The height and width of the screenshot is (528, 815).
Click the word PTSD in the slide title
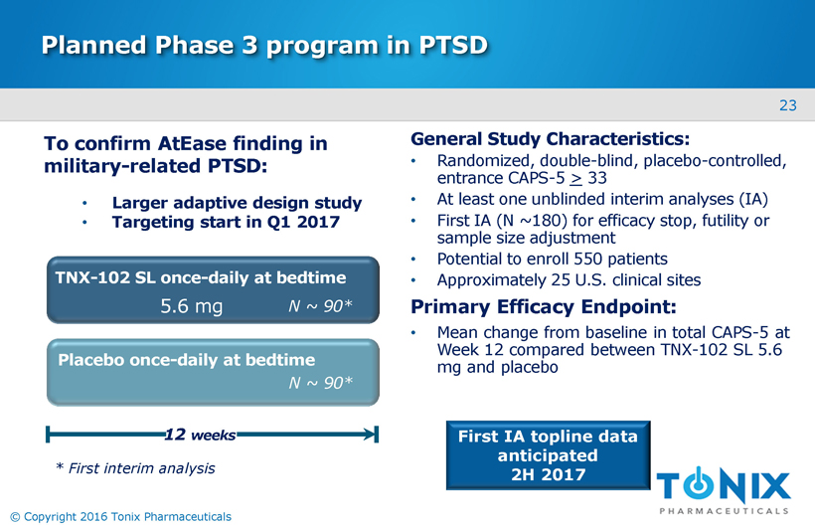tap(443, 45)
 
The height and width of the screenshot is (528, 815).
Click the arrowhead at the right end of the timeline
tap(373, 435)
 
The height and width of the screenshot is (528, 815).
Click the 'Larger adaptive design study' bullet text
tap(237, 203)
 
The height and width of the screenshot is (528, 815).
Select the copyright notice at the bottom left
tap(119, 516)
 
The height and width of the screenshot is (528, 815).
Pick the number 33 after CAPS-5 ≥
tap(596, 179)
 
